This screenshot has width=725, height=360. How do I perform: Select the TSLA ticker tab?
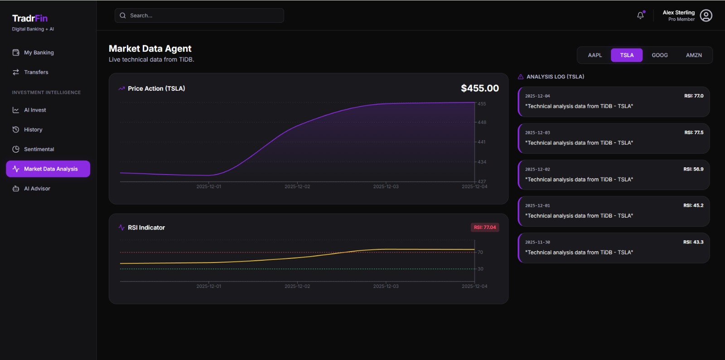627,55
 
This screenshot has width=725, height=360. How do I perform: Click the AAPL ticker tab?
594,55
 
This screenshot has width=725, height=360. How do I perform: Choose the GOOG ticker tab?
659,55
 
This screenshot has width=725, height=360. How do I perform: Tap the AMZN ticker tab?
693,55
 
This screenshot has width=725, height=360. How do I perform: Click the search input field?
199,15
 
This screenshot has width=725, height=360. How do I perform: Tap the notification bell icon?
640,15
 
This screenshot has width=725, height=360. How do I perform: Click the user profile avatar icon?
706,16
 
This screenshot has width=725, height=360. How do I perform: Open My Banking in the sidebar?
39,53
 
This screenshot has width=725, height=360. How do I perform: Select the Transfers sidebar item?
36,72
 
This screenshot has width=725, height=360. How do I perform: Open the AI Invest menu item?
35,110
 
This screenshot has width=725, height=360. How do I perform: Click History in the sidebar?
33,130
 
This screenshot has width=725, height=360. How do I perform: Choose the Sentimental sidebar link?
39,149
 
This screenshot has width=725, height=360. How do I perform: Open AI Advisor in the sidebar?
37,189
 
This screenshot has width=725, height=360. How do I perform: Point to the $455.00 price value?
479,88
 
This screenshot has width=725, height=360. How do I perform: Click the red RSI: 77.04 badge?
484,228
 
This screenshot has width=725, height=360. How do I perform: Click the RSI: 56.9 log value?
693,169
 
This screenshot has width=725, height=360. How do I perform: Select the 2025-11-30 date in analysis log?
537,243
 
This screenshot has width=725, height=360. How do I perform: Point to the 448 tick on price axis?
482,122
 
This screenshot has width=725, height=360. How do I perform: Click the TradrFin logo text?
30,19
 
